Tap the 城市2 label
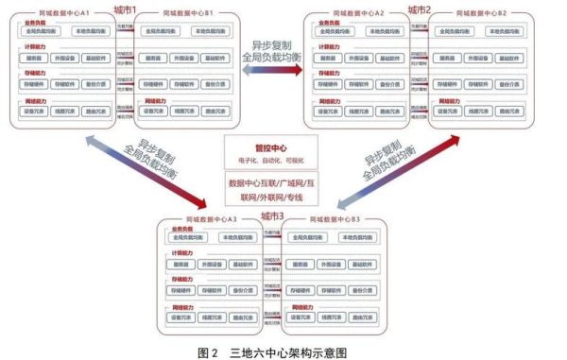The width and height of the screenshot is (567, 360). [419, 9]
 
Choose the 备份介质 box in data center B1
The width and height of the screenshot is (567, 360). [216, 85]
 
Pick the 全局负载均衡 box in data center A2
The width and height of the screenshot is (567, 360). [327, 32]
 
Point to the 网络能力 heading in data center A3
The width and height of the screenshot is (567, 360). [183, 307]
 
